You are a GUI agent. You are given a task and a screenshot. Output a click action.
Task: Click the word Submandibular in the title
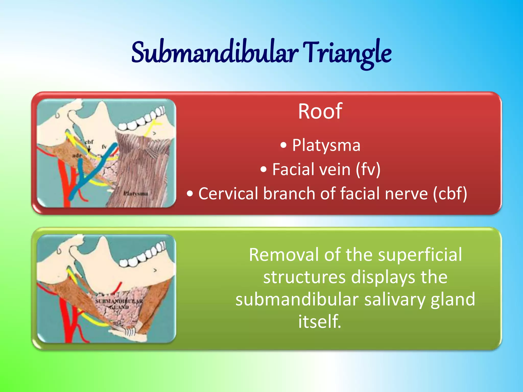click(215, 53)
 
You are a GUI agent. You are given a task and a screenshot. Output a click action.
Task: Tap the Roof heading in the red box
click(320, 111)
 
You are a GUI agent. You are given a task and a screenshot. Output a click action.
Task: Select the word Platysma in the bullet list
click(326, 145)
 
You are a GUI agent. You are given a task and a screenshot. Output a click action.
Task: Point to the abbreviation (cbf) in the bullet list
click(450, 193)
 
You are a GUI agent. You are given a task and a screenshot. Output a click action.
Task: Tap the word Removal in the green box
click(284, 255)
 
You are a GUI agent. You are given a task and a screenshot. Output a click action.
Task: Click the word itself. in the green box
click(320, 322)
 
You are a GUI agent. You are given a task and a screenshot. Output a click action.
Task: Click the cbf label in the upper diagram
click(89, 142)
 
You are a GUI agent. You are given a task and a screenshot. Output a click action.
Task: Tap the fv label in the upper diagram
click(104, 147)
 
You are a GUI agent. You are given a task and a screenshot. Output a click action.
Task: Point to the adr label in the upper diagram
click(77, 155)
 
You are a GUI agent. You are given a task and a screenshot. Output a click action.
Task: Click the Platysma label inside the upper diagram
click(136, 193)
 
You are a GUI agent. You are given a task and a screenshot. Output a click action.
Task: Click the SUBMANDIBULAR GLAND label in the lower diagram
click(119, 304)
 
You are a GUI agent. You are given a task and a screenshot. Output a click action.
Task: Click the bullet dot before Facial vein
click(264, 169)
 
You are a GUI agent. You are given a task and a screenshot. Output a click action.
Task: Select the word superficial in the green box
click(420, 255)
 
